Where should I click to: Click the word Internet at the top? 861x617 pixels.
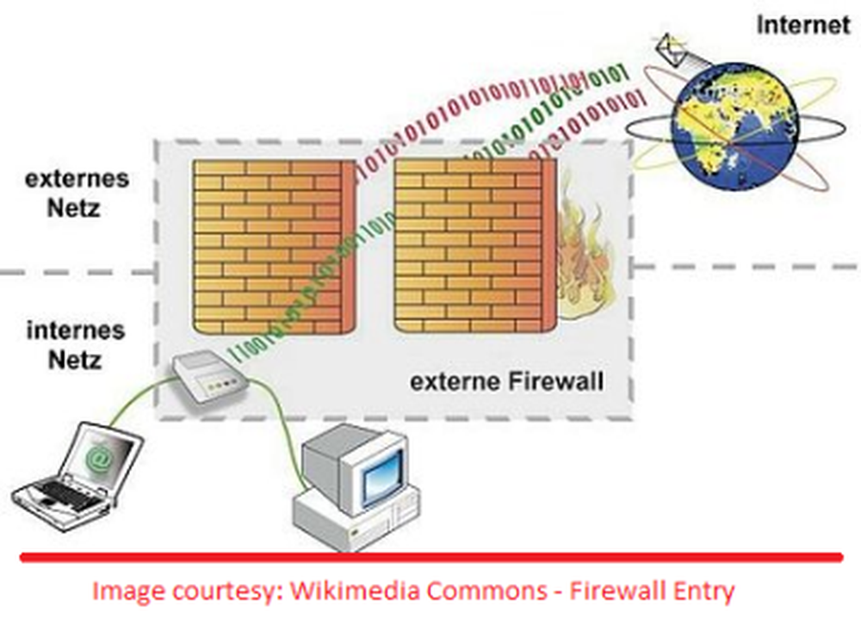802,25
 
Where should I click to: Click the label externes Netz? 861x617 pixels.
77,193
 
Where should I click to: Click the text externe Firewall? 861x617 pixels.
506,380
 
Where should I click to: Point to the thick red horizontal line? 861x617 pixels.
430,558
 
